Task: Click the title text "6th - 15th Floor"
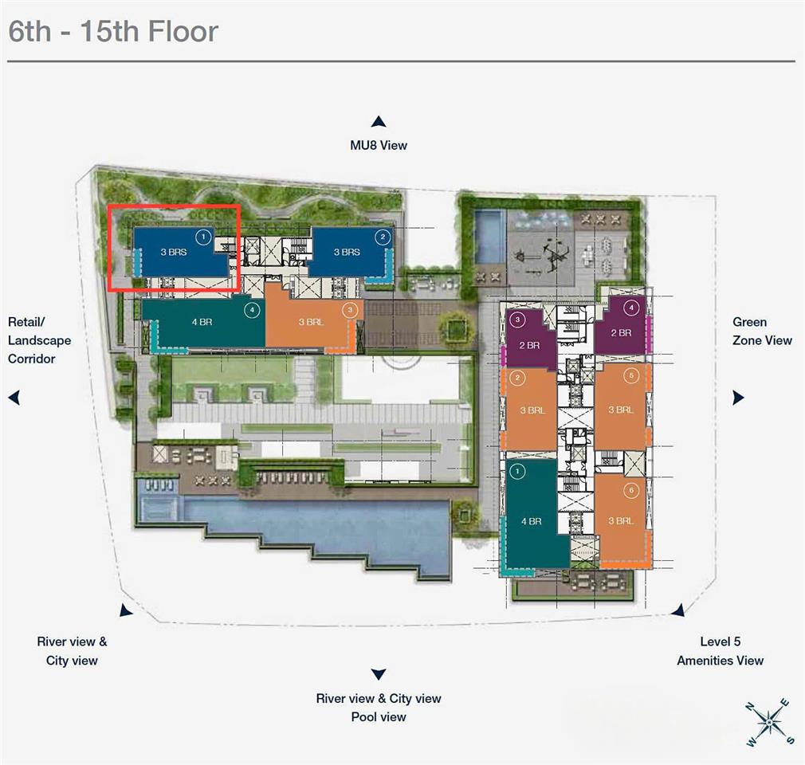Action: coord(112,31)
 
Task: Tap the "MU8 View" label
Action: coord(379,145)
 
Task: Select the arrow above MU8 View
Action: coord(379,122)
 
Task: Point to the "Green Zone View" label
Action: coord(762,331)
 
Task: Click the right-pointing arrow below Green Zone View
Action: coord(738,398)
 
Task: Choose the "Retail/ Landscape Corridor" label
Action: coord(39,340)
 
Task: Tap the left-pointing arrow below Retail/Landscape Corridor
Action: coord(14,398)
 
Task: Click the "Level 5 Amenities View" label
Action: coord(720,651)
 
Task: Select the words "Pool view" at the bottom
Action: coord(379,717)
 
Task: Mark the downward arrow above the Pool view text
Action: coord(379,674)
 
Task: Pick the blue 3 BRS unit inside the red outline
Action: coord(175,252)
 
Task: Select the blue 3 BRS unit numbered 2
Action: coord(348,252)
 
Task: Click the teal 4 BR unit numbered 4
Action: coord(202,324)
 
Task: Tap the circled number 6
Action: coord(631,490)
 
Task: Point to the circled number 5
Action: coord(631,375)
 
